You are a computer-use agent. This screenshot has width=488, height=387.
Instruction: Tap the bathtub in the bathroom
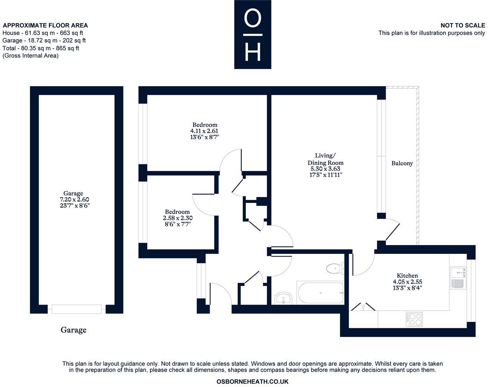pos(320,293)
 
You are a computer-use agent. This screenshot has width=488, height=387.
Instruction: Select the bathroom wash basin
pos(283,298)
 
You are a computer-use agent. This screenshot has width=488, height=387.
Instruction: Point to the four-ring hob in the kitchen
pos(414,319)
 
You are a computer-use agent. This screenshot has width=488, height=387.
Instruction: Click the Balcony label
pos(402,163)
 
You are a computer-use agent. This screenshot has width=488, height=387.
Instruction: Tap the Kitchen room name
pos(407,275)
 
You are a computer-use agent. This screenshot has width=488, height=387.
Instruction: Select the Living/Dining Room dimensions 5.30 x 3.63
pos(325,169)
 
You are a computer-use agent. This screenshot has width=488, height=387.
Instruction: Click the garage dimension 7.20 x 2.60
pos(73,199)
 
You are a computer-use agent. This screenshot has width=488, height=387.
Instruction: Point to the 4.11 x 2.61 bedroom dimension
pos(205,131)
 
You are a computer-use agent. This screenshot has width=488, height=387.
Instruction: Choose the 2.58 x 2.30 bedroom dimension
pos(177,218)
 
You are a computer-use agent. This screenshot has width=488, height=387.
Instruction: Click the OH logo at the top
pos(253,35)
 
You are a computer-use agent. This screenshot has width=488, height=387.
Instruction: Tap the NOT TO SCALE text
pos(462,25)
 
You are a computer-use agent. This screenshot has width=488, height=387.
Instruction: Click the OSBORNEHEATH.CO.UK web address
pos(252,382)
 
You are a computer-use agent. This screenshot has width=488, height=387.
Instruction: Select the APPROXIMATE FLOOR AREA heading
pos(45,25)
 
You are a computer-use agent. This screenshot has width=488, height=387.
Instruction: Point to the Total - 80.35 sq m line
pos(41,48)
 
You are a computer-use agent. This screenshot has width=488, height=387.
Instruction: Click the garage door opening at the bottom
pos(77,309)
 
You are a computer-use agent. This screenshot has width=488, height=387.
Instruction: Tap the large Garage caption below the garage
pos(73,330)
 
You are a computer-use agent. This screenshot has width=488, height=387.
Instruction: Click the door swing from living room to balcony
pos(392,229)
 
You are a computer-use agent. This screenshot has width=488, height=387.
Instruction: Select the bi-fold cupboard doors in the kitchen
pos(362,306)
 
